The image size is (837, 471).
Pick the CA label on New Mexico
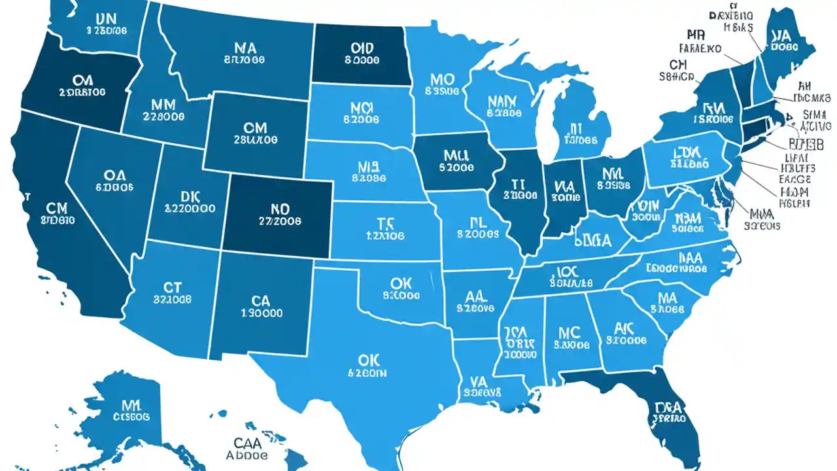click(x=261, y=300)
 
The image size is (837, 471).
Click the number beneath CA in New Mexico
click(x=261, y=313)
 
